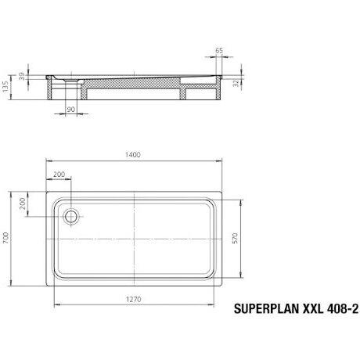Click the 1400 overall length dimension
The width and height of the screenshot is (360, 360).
133,155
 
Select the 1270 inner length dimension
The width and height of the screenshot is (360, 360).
134,299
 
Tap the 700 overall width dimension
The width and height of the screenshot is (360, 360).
5,239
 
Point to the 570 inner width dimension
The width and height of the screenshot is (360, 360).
235,238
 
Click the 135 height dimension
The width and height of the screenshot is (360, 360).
5,87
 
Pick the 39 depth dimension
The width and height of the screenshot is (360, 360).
22,77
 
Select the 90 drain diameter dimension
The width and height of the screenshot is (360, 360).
70,110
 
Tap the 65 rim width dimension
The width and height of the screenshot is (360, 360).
219,51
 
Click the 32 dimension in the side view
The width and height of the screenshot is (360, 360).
236,84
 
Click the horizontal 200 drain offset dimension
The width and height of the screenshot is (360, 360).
59,174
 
